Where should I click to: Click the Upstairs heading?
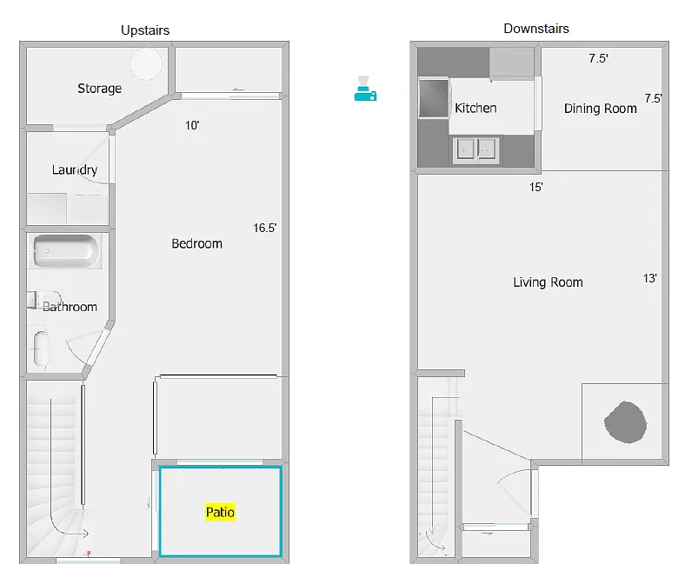click(145, 30)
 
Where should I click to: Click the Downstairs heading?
click(536, 29)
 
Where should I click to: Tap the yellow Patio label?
click(220, 512)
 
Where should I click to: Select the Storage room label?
click(99, 89)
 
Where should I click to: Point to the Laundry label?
click(74, 169)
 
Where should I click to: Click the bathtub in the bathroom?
click(66, 252)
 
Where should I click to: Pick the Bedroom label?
click(196, 243)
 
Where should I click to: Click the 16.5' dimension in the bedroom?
click(264, 229)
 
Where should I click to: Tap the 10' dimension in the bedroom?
click(192, 125)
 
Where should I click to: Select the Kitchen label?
click(476, 108)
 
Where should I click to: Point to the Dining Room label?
click(600, 109)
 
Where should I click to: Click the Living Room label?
click(548, 282)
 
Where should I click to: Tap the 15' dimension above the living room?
click(536, 187)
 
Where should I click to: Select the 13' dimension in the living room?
click(649, 279)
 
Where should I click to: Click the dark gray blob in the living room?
click(625, 422)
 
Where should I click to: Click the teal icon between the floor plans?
click(365, 88)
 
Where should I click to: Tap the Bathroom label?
click(70, 307)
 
